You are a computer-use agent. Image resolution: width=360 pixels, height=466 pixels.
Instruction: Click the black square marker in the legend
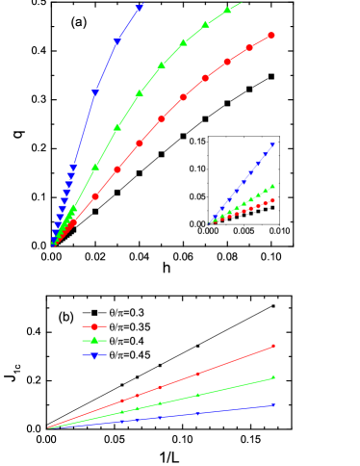pos(94,313)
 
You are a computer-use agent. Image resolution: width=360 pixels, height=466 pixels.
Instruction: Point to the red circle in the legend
pos(94,326)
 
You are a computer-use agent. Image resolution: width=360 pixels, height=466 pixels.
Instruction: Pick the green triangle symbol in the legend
pos(94,341)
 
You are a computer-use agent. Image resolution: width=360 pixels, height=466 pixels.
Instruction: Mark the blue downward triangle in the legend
pos(94,355)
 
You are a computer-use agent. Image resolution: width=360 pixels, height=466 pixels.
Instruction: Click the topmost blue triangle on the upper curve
pos(140,8)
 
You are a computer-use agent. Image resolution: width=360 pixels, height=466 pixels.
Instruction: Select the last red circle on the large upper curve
pos(271,36)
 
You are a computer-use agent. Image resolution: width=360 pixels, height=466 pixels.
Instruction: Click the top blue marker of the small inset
pos(273,144)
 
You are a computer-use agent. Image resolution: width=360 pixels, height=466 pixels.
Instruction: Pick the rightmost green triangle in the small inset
pos(273,187)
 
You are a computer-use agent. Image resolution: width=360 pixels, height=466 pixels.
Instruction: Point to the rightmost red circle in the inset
pos(273,200)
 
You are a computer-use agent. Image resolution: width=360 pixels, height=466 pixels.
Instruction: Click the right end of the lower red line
pos(274,346)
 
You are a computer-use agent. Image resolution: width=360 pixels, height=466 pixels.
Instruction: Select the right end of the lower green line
pos(274,377)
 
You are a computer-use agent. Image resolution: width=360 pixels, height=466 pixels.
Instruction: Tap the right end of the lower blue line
pos(274,404)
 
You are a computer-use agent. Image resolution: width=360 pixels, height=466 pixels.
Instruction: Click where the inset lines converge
pos(210,223)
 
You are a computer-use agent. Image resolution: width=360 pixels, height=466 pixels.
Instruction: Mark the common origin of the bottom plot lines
pos(48,427)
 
